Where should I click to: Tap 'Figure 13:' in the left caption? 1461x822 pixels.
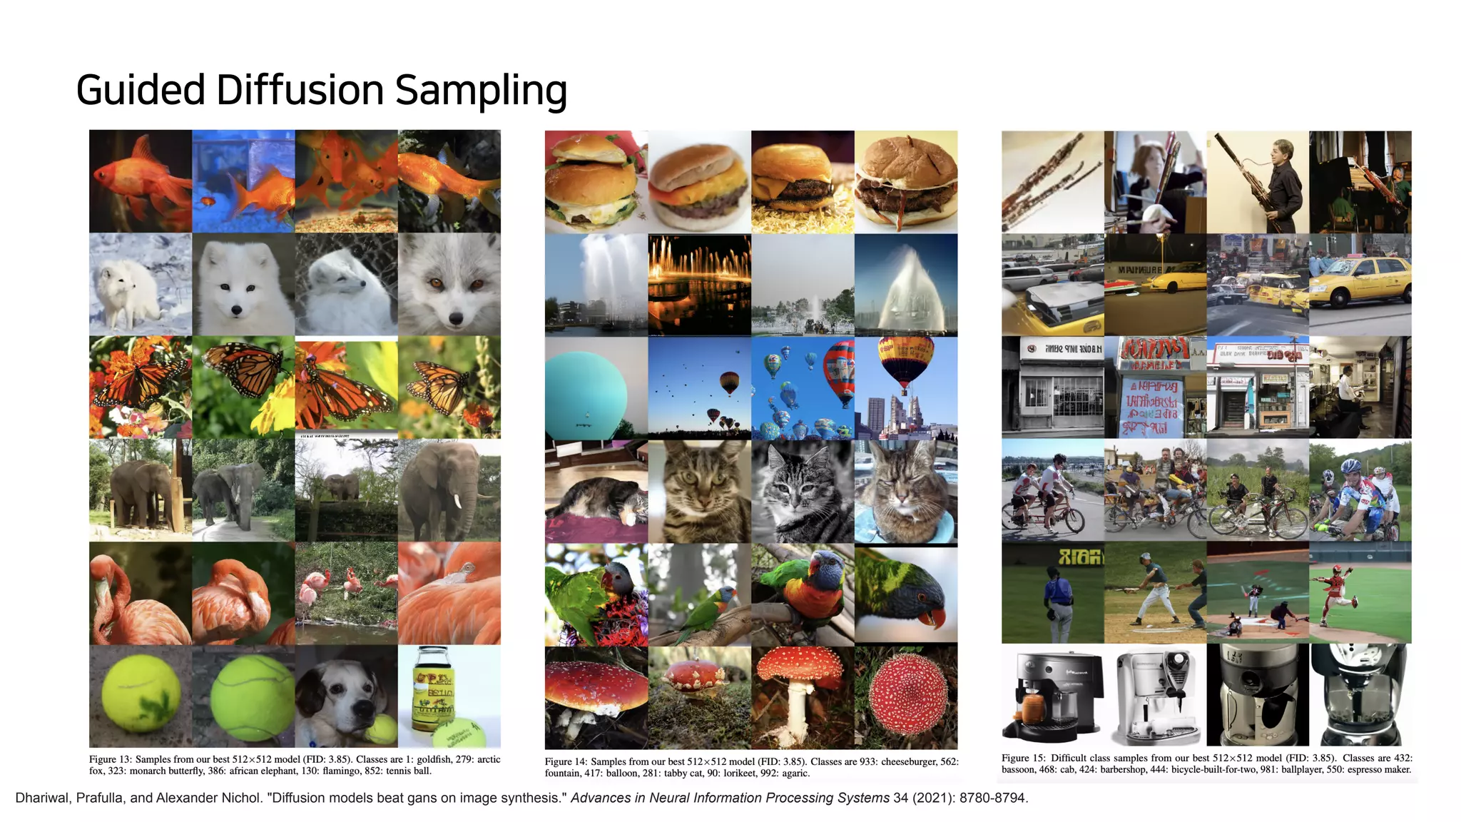coord(110,759)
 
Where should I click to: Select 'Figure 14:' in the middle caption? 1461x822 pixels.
coord(566,761)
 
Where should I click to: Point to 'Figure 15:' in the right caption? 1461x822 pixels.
coord(1023,758)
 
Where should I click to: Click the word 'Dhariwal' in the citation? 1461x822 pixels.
coord(44,798)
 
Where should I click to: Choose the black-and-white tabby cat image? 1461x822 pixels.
coord(803,492)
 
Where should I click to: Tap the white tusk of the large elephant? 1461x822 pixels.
coord(457,502)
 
